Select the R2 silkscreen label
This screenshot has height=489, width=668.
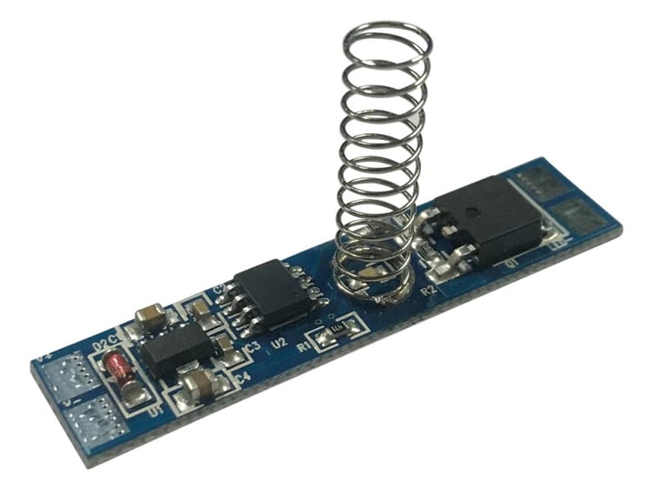coord(428,290)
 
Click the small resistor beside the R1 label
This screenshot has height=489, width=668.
coord(332,332)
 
